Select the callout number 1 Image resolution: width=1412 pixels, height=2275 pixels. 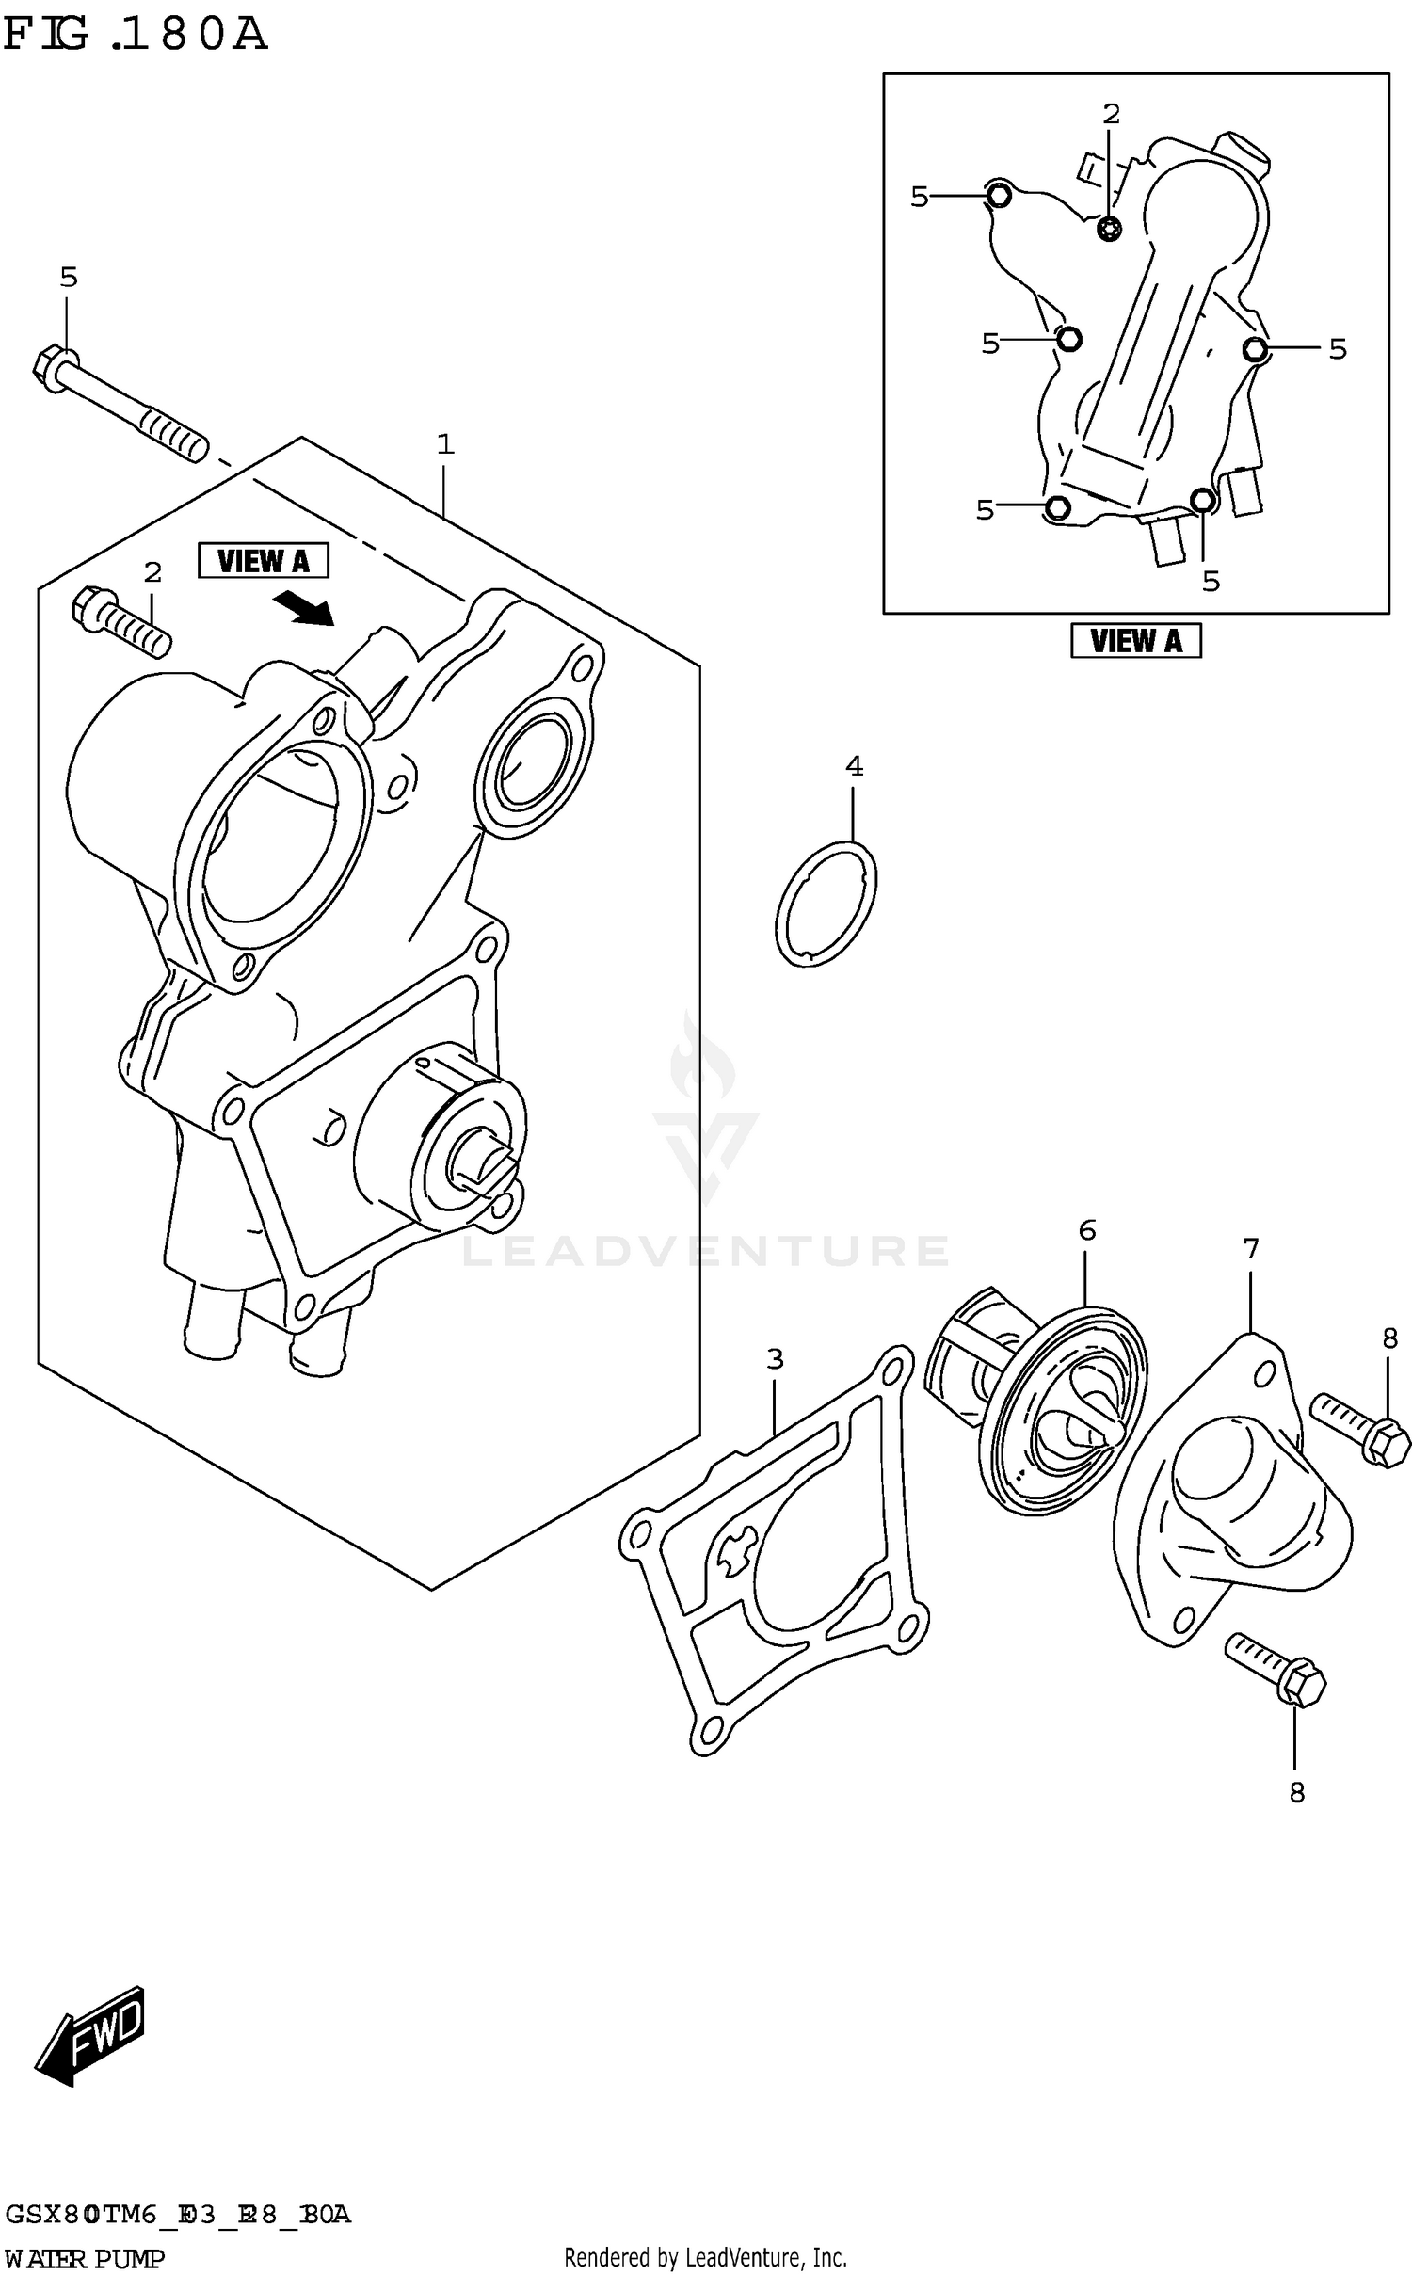[445, 444]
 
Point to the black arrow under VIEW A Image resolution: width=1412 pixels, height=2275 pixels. [303, 608]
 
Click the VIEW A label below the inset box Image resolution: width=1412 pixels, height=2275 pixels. [1135, 641]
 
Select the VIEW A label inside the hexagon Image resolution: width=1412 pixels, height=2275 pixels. [264, 561]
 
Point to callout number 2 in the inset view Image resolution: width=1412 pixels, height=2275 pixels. [1112, 114]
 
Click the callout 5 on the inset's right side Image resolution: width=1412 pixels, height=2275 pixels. [1338, 349]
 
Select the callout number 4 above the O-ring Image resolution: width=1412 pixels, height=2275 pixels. [854, 766]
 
